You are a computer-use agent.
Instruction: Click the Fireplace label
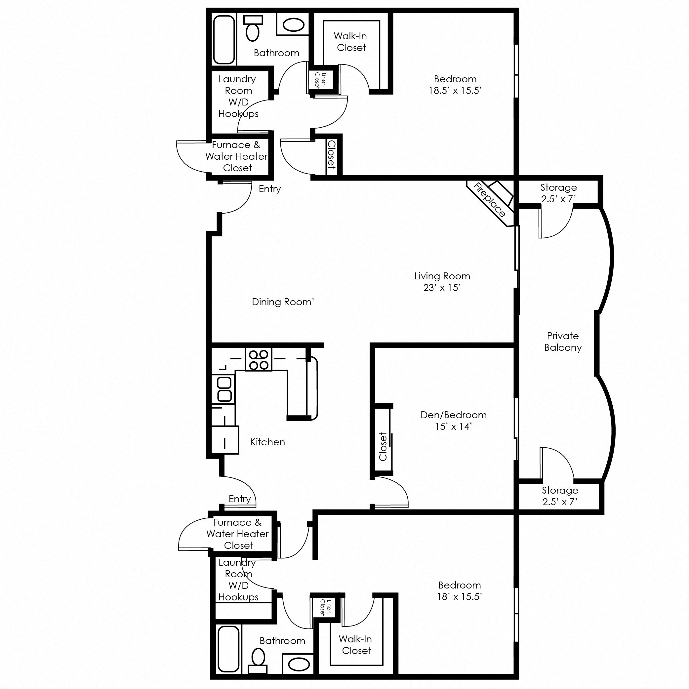tap(489, 200)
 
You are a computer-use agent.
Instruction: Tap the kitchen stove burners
tap(259, 359)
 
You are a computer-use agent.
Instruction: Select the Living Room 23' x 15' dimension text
tap(442, 287)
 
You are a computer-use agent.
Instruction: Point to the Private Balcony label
tap(563, 341)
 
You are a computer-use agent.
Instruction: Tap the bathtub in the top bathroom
tap(224, 39)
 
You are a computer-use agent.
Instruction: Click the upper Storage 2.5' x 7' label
tap(558, 193)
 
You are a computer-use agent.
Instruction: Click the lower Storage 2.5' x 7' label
tap(560, 496)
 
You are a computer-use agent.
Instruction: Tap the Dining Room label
tap(283, 302)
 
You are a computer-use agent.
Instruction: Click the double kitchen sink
tap(224, 389)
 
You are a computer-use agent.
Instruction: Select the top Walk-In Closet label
tap(350, 42)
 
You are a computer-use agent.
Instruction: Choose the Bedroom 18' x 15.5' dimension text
tap(460, 597)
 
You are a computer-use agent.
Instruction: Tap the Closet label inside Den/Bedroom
tap(383, 447)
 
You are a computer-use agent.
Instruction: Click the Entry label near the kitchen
tap(240, 499)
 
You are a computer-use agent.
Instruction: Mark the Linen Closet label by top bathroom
tap(320, 80)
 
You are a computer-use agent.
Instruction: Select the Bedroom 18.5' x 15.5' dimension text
tap(455, 90)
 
